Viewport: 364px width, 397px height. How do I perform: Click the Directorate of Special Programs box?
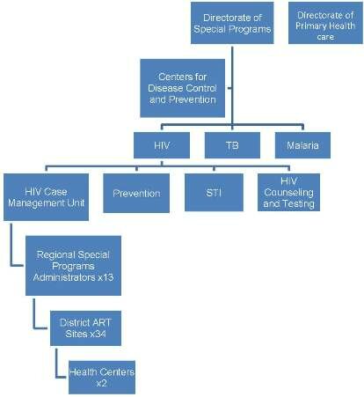pyautogui.click(x=232, y=23)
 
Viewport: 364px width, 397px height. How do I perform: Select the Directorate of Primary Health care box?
pyautogui.click(x=325, y=23)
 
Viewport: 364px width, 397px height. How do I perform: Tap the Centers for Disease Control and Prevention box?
pyautogui.click(x=182, y=88)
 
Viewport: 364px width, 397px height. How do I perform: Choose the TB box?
pyautogui.click(x=232, y=145)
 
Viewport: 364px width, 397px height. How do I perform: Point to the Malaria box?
pyautogui.click(x=302, y=145)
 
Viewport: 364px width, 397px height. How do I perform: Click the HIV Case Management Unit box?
pyautogui.click(x=46, y=197)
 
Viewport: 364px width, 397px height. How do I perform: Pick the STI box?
pyautogui.click(x=214, y=193)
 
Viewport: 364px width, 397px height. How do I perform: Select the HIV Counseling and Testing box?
pyautogui.click(x=288, y=193)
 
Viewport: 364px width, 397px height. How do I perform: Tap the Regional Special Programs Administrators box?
pyautogui.click(x=73, y=266)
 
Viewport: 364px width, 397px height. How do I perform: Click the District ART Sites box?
pyautogui.click(x=85, y=328)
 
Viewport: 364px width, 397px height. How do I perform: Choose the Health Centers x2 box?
pyautogui.click(x=102, y=378)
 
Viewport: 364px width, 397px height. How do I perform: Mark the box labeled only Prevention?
pyautogui.click(x=136, y=193)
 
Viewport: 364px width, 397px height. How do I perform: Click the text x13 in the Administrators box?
pyautogui.click(x=106, y=277)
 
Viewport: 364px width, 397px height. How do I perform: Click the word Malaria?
pyautogui.click(x=302, y=145)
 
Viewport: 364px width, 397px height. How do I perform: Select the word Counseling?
pyautogui.click(x=288, y=193)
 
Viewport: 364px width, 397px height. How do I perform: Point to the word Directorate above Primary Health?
pyautogui.click(x=325, y=15)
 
